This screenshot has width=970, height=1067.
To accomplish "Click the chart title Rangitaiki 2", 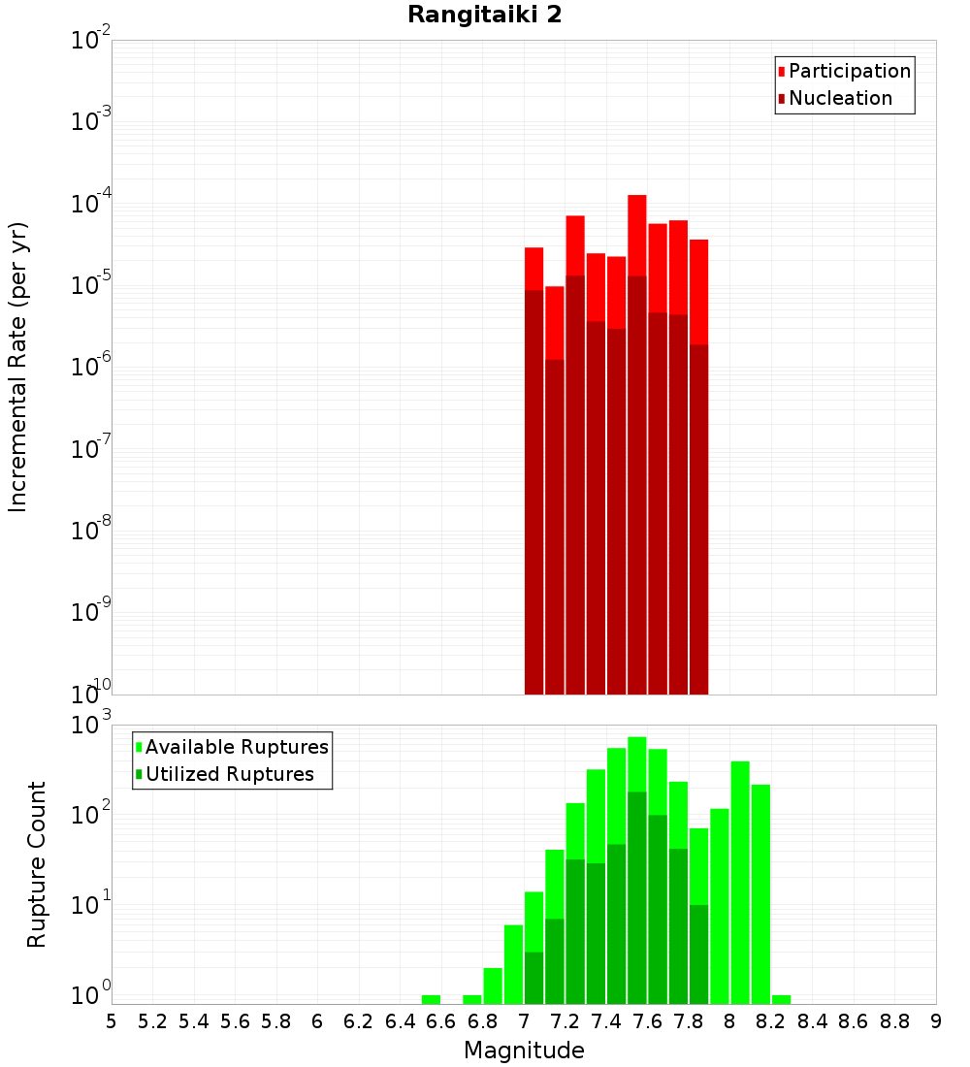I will coord(484,16).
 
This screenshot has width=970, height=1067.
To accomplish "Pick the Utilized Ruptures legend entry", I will coord(229,775).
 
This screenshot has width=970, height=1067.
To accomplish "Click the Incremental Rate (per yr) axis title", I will coord(18,368).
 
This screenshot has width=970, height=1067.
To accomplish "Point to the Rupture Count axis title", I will coord(37,864).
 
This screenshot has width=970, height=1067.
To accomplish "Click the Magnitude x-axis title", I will coord(524,1051).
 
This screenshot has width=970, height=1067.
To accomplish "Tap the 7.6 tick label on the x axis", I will coord(647,1021).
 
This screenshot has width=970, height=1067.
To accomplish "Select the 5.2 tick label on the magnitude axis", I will coord(152,1021).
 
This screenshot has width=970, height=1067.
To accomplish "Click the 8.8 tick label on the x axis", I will coord(894,1021).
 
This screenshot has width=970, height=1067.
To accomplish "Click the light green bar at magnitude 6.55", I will coord(431,999).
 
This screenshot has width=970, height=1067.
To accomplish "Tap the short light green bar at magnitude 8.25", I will coord(782,999).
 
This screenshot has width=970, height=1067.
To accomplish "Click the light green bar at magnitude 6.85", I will coord(493,986).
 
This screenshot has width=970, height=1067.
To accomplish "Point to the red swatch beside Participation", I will coord(782,72).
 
